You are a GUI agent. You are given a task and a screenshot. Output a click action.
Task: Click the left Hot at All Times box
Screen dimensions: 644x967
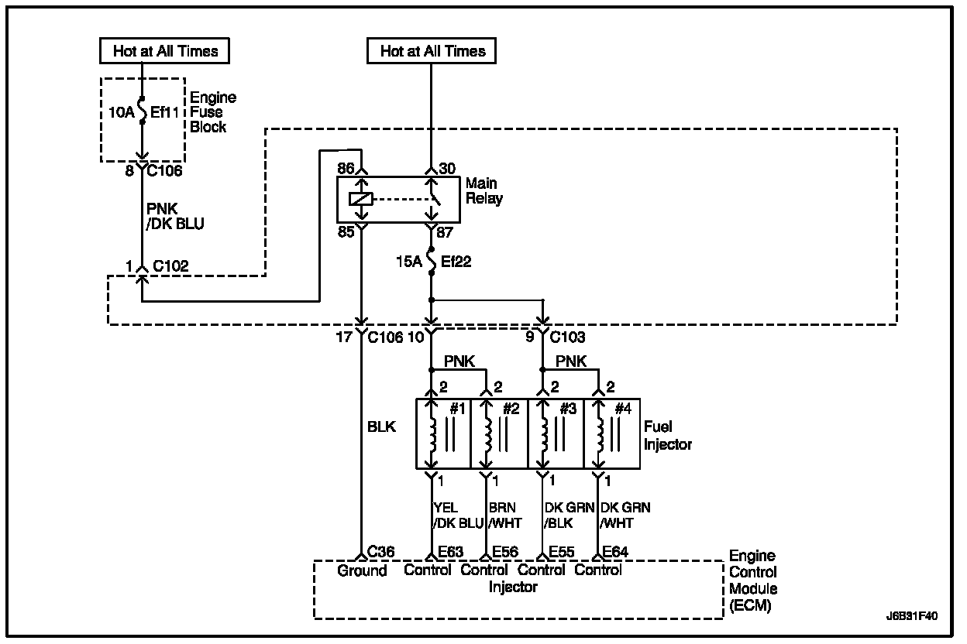tap(165, 52)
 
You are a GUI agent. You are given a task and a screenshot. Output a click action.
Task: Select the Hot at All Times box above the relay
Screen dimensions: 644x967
tap(432, 52)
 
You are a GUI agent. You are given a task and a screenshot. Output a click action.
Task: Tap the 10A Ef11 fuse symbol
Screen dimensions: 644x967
tap(143, 111)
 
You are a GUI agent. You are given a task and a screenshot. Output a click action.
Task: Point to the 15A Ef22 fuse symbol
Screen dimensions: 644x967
tap(432, 262)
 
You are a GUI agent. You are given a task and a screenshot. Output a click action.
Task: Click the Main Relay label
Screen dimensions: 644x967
tap(484, 191)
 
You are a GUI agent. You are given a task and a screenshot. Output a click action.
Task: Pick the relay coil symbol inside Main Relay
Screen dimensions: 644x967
tap(361, 199)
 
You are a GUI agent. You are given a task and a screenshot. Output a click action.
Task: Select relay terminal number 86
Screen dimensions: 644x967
tap(346, 167)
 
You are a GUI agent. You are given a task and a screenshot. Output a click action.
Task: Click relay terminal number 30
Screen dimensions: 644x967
tap(449, 167)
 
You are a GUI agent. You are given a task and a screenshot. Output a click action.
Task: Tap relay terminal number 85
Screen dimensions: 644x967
tap(346, 231)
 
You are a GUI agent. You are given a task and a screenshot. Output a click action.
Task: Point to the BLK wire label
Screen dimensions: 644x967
tap(383, 426)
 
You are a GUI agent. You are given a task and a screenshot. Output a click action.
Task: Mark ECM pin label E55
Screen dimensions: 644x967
tap(560, 552)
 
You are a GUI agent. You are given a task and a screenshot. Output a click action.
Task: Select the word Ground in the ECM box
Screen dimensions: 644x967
tap(362, 571)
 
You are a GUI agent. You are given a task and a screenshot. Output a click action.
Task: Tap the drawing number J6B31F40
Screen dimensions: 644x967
tap(912, 617)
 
